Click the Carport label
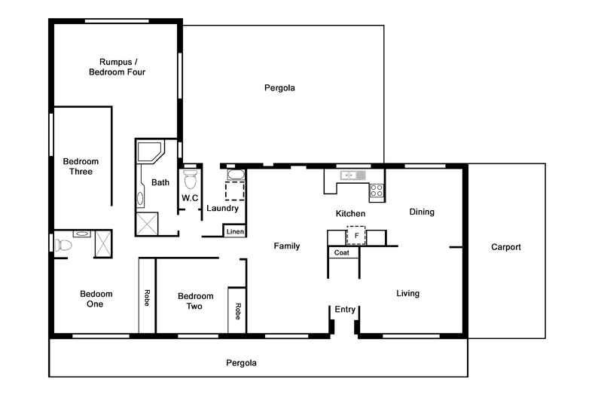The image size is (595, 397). [x=505, y=247]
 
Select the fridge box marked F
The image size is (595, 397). [x=355, y=236]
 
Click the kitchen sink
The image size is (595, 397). [x=352, y=176]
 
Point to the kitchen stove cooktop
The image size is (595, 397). [x=377, y=191]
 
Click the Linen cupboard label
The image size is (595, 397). [x=235, y=231]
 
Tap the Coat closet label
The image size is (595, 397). [x=342, y=253]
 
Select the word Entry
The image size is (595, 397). [x=345, y=310]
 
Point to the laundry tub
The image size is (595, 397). [x=235, y=176]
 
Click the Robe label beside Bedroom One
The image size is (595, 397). [x=146, y=298]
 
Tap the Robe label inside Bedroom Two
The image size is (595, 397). [x=237, y=311]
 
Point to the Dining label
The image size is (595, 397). [x=422, y=212]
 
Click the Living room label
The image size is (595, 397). [x=407, y=294]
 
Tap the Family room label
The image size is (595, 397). [x=286, y=246]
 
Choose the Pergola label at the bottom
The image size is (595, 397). [x=241, y=362]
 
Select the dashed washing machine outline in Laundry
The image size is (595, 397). [x=235, y=190]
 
